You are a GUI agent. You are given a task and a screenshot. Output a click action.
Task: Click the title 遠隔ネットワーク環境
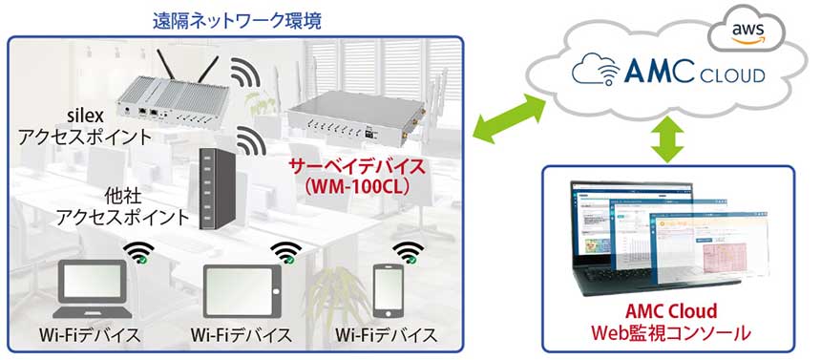pyautogui.click(x=235, y=18)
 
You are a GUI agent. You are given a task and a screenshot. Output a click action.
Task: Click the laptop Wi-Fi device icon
pyautogui.click(x=92, y=290)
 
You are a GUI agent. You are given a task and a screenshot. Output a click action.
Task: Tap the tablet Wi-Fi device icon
pyautogui.click(x=245, y=290)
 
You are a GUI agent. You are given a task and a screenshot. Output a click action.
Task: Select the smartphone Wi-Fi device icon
pyautogui.click(x=387, y=290)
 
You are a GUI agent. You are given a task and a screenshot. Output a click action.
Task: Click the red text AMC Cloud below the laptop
pyautogui.click(x=670, y=312)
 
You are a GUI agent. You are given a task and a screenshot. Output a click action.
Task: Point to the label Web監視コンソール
pyautogui.click(x=669, y=334)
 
